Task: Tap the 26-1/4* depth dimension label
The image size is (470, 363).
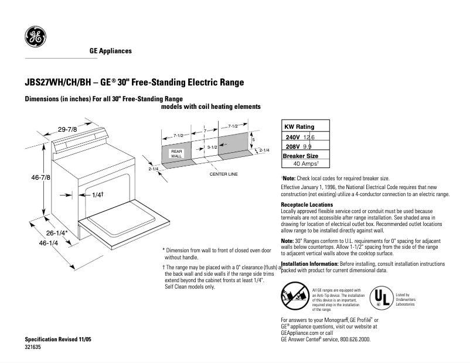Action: (56, 232)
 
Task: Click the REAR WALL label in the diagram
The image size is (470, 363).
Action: (177, 153)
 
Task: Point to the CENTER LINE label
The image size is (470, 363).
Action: (223, 174)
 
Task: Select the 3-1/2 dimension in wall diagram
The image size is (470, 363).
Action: (212, 149)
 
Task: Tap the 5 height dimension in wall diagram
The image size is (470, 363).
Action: (253, 140)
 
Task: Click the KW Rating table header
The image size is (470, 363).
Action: (299, 126)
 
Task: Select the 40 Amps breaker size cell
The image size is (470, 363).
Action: (305, 165)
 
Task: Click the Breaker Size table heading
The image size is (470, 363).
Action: (301, 156)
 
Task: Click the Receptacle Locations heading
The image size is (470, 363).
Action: (307, 205)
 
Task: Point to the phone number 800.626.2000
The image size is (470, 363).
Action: (353, 340)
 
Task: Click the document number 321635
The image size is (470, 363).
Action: (33, 347)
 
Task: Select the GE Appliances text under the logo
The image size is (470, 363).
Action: (111, 51)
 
